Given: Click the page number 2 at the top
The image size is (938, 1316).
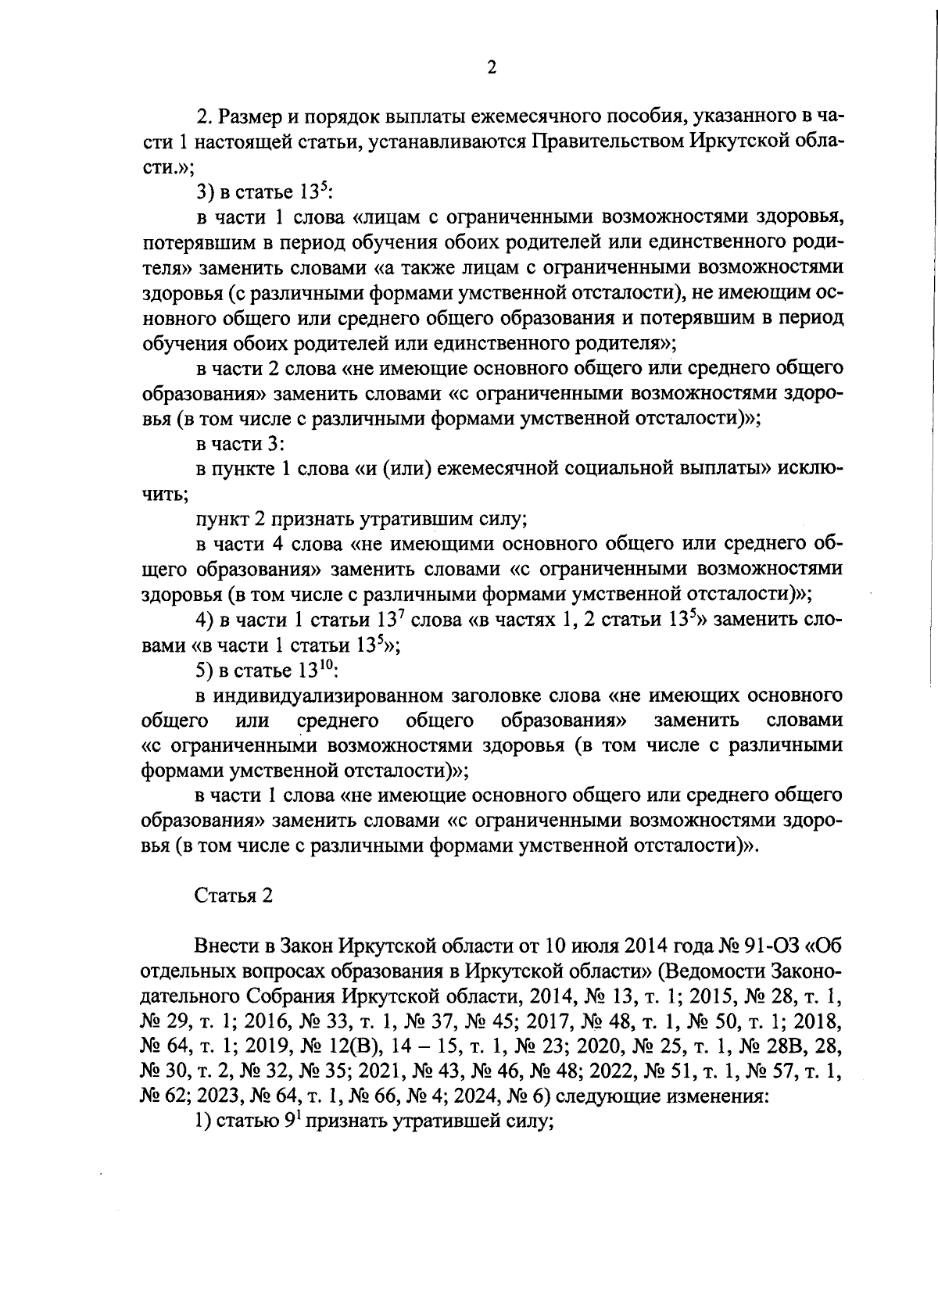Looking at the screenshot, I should (x=491, y=68).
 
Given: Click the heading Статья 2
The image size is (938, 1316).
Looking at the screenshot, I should (x=234, y=896).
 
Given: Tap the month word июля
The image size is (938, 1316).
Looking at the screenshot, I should (x=591, y=946).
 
